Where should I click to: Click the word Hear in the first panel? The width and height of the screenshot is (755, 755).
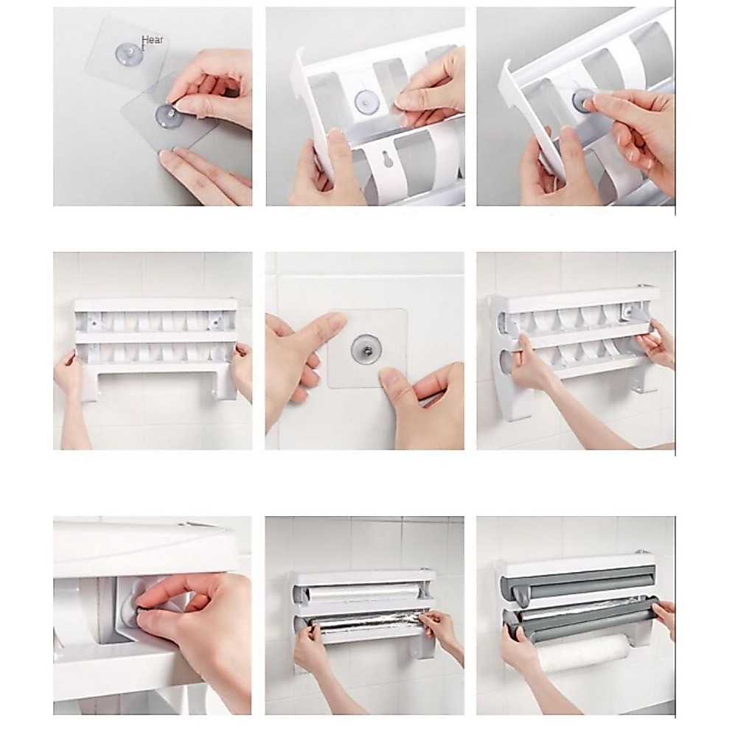(152, 40)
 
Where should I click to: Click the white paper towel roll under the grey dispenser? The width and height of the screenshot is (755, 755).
(582, 653)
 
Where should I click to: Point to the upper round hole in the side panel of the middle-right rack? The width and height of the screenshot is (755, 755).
(503, 320)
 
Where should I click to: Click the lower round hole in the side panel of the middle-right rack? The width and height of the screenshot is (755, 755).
(505, 361)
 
